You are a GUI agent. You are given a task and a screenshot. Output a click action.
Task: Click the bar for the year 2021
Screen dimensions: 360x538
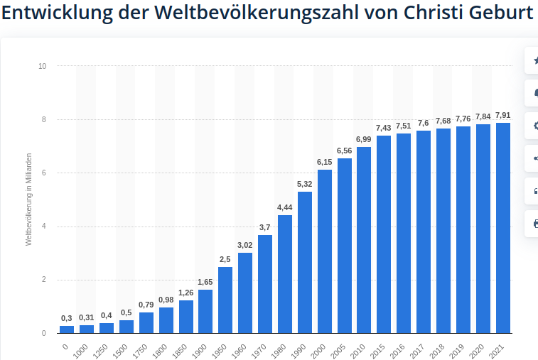(x=502, y=227)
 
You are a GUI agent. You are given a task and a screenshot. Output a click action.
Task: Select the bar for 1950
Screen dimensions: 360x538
(x=225, y=299)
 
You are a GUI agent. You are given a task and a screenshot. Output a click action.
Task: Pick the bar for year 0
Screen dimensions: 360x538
(x=67, y=329)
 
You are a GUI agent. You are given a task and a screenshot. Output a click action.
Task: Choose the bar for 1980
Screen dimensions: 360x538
(x=285, y=273)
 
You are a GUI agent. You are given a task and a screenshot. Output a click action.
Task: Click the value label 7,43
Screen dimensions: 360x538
(x=384, y=128)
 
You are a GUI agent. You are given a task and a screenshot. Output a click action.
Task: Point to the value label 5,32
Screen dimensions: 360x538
(x=305, y=184)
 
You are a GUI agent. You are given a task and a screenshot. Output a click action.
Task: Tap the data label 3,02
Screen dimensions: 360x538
(x=245, y=245)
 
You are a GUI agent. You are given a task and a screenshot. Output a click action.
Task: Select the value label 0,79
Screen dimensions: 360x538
(x=146, y=305)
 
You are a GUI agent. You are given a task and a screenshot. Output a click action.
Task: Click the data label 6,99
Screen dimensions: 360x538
(x=364, y=139)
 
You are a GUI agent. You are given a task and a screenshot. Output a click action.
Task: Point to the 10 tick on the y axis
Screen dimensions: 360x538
(x=42, y=66)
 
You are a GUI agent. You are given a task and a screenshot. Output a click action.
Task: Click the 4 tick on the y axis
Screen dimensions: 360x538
(x=44, y=227)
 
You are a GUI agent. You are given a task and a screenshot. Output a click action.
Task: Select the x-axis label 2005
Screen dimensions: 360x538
(x=343, y=348)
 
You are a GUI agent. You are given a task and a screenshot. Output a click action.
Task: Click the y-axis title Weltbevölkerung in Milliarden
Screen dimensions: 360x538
(x=29, y=199)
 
